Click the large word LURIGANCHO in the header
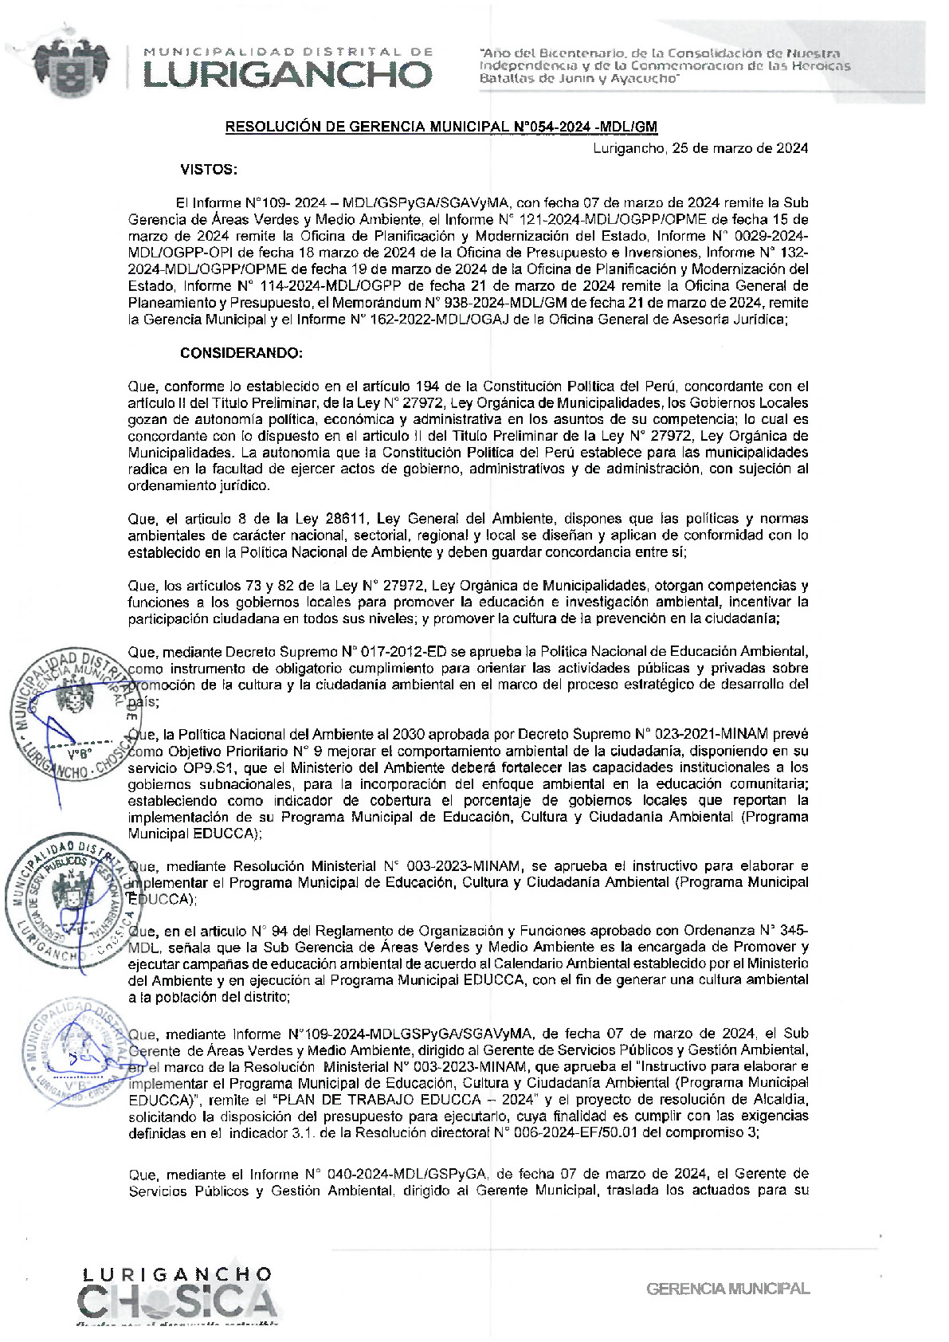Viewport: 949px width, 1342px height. pos(287,75)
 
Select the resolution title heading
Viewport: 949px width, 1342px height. pos(441,127)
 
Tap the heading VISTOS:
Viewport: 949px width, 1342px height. pos(209,170)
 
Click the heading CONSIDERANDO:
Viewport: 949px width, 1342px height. pos(241,353)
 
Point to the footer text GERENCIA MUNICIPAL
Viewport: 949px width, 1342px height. pos(727,1289)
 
